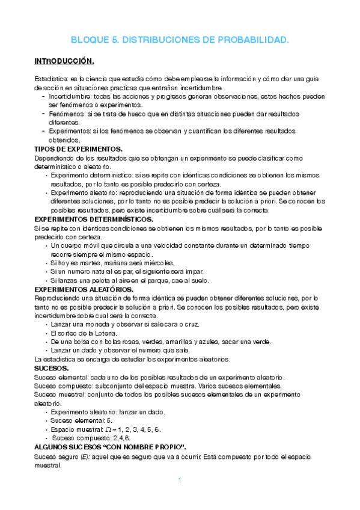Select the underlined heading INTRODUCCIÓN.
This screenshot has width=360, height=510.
[x=64, y=61]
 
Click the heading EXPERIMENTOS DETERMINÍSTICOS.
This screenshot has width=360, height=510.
[x=93, y=220]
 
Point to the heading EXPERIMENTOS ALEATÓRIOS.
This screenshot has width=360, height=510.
[x=84, y=289]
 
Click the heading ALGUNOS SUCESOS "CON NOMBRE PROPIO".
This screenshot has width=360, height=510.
[x=110, y=447]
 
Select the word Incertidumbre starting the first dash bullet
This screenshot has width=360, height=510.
[x=70, y=96]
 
